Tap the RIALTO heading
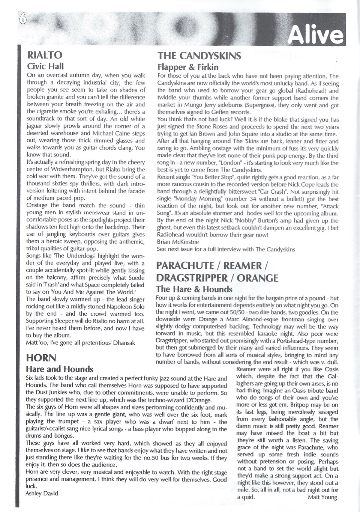point(45,55)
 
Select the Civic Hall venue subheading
point(45,66)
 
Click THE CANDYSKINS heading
point(199,56)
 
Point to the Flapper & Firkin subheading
point(187,67)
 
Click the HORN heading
point(41,358)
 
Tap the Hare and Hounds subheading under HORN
point(59,369)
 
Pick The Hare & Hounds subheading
point(194,289)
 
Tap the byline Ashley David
point(42,494)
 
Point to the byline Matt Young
point(322,497)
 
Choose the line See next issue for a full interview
point(226,249)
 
